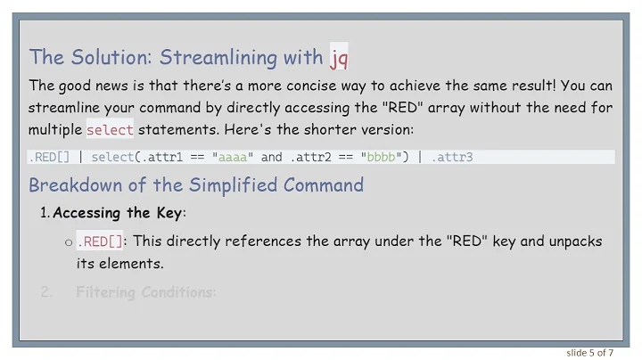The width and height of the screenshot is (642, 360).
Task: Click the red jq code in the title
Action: [x=339, y=58]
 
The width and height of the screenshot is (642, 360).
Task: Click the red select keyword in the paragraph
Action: [x=110, y=130]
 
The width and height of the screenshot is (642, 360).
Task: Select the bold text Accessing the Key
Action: [x=117, y=214]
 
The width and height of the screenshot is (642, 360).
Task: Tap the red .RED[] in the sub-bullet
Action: [x=101, y=242]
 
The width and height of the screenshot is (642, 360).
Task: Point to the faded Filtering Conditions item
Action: [x=145, y=292]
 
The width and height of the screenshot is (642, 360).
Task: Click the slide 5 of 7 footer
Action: [x=589, y=352]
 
